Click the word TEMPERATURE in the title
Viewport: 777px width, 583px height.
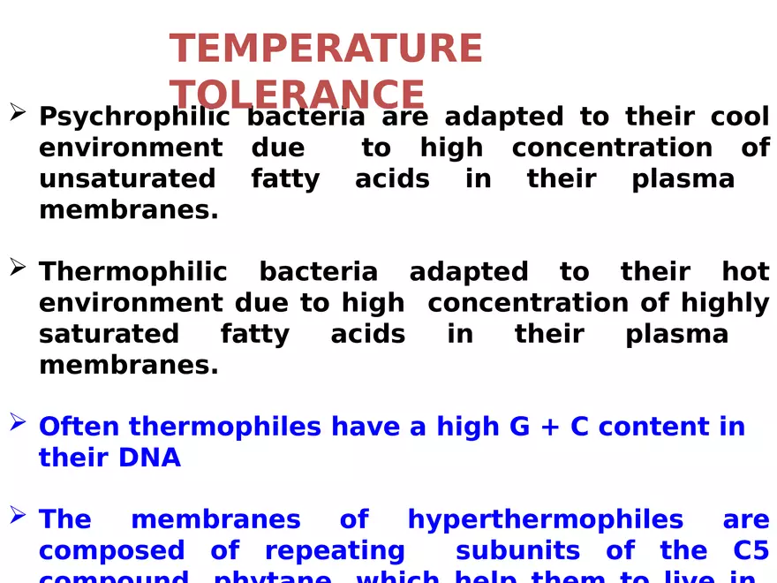coord(326,49)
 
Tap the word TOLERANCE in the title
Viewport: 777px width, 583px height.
coord(297,95)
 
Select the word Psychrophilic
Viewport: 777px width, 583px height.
coord(134,117)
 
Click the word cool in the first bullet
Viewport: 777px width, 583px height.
coord(740,117)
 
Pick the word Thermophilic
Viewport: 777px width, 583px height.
coord(132,271)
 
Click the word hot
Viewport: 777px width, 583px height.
coord(745,271)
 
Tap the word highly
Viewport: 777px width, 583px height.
coord(725,303)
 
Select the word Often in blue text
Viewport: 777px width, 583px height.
coord(79,427)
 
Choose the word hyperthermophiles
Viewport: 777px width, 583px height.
coord(545,519)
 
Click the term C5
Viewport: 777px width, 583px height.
coord(751,550)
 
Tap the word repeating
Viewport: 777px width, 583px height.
coord(335,551)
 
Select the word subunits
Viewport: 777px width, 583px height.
coord(517,550)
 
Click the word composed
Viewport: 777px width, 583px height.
coord(111,551)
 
